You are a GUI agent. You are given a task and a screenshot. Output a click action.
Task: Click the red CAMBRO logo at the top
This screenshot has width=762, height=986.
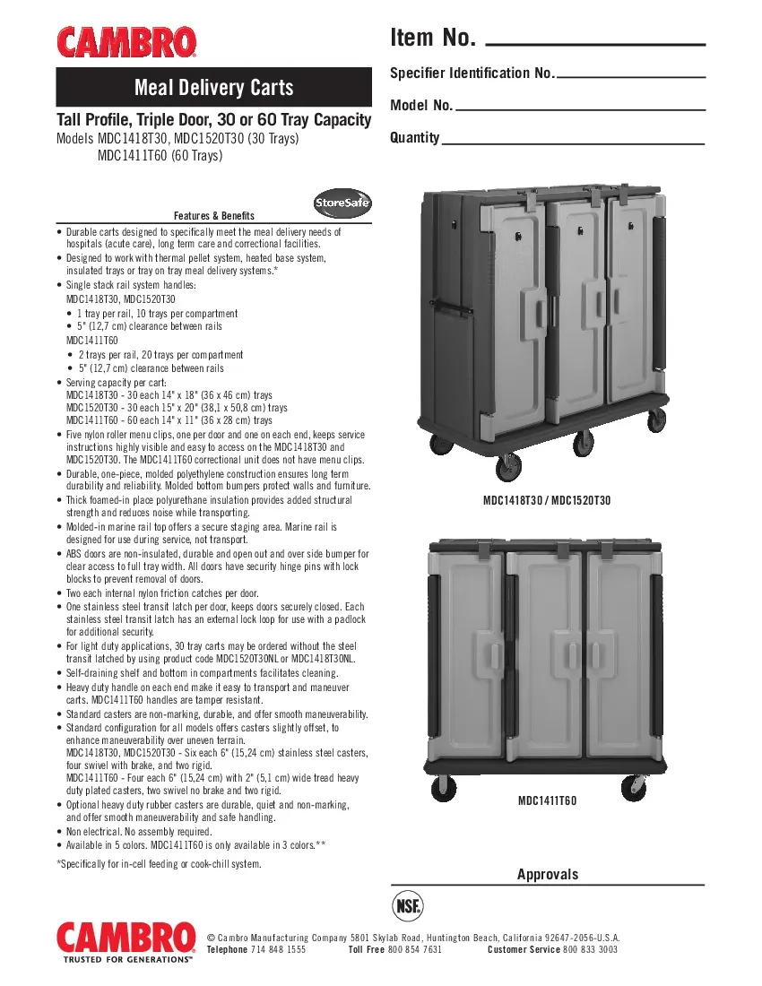[127, 41]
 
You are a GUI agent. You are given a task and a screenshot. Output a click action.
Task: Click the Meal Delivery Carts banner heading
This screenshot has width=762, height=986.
[213, 87]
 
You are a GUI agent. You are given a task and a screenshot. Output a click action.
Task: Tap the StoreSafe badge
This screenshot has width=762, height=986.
[342, 203]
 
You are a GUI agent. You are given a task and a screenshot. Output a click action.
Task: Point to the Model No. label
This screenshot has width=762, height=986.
[421, 106]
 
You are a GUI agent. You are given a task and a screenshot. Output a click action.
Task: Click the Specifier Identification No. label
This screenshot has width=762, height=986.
[472, 73]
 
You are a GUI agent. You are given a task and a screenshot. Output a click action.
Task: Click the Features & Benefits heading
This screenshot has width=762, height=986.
[214, 216]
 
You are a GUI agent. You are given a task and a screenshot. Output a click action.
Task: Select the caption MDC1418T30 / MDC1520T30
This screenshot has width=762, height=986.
[547, 500]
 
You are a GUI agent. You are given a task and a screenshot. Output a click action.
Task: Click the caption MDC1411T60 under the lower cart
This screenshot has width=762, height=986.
[547, 800]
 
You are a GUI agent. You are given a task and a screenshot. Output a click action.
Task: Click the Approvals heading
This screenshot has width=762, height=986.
[548, 874]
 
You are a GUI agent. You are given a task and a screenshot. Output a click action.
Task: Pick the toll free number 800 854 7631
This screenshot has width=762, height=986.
[415, 949]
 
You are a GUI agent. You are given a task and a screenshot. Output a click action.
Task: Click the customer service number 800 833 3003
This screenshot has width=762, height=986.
[590, 949]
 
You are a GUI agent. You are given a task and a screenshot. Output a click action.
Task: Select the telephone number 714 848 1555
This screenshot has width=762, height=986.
[278, 949]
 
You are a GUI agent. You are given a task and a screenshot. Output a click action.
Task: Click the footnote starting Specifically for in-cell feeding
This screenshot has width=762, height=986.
[159, 864]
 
